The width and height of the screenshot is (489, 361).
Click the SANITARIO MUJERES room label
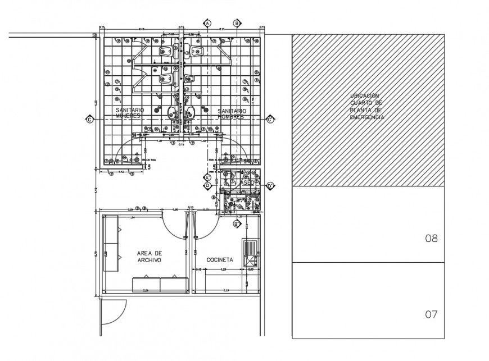(130, 113)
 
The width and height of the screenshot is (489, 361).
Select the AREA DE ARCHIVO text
(149, 257)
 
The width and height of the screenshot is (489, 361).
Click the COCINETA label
(220, 259)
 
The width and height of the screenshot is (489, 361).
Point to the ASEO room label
(247, 184)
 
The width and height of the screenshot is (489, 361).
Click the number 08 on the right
(431, 238)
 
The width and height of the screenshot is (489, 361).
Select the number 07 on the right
(431, 314)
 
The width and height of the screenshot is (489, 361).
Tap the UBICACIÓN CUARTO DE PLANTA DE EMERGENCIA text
(367, 107)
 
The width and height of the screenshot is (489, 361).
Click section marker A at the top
(207, 23)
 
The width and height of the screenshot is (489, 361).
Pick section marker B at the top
(237, 23)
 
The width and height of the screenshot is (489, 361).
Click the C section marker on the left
(89, 119)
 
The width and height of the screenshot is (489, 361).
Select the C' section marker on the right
(270, 119)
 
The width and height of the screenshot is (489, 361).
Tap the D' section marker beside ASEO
(270, 185)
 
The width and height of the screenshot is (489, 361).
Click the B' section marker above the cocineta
(237, 223)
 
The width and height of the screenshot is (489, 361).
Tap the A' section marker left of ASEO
(207, 177)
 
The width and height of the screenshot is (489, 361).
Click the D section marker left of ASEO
(207, 185)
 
